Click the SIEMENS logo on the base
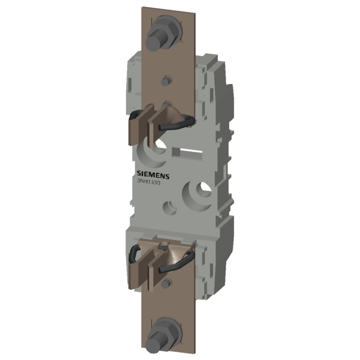pyautogui.click(x=153, y=175)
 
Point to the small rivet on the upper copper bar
pyautogui.click(x=166, y=81)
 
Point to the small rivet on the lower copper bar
pyautogui.click(x=166, y=284)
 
